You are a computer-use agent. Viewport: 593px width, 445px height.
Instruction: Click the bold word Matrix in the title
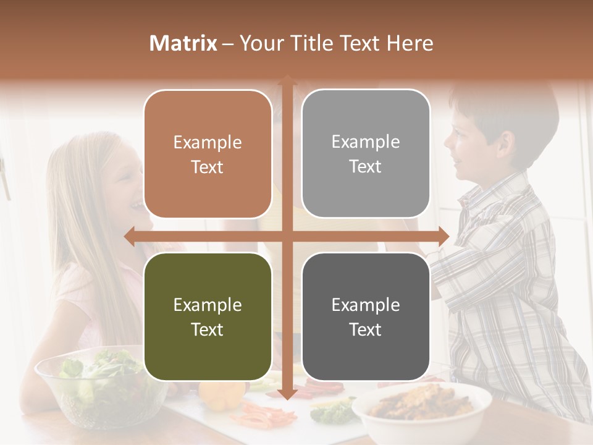(183, 43)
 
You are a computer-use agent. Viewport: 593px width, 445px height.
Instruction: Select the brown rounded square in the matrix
(208, 154)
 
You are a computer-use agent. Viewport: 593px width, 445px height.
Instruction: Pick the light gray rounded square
(366, 154)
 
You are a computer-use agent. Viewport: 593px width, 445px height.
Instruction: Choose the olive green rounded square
(208, 316)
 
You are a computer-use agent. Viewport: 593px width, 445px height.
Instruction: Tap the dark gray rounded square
(366, 316)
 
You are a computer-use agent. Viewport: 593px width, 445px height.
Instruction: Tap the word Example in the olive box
(208, 305)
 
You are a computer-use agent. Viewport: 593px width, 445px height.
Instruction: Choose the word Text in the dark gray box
(366, 329)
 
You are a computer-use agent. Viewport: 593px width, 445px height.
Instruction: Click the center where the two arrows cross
(287, 236)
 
